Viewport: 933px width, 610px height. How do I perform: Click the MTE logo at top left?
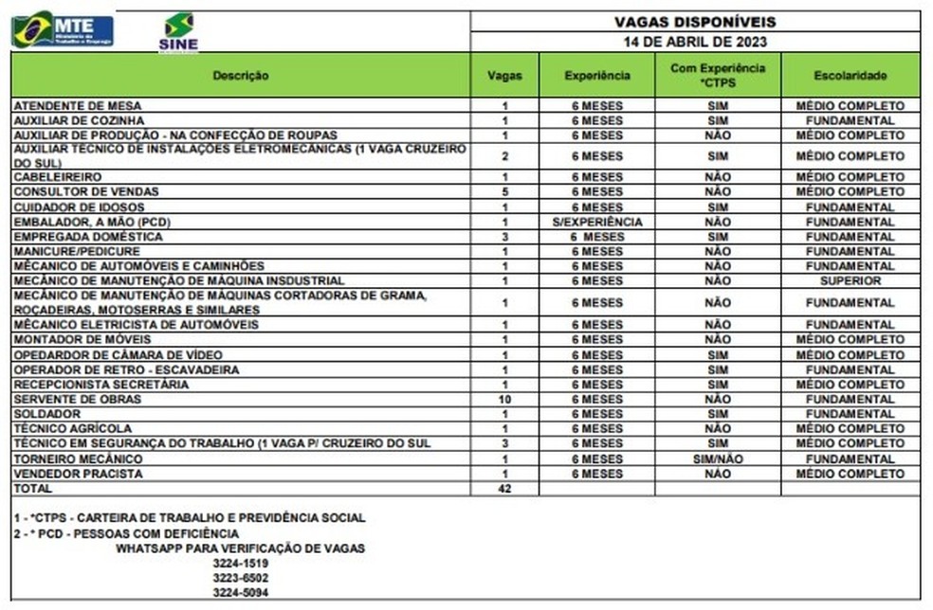click(63, 29)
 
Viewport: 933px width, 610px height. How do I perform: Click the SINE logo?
click(178, 32)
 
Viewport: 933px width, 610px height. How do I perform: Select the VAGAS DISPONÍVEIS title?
click(695, 22)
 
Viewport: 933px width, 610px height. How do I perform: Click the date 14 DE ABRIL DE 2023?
click(695, 43)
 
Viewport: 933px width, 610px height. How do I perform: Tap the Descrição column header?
click(240, 75)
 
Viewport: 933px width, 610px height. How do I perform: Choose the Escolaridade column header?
click(850, 75)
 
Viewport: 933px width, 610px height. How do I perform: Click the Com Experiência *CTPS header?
click(717, 75)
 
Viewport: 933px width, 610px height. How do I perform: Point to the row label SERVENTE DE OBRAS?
click(64, 400)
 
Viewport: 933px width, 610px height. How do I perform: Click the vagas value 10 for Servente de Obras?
click(504, 400)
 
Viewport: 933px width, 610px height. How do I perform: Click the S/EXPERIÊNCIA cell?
click(596, 222)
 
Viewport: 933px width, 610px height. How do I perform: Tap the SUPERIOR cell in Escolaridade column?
click(850, 281)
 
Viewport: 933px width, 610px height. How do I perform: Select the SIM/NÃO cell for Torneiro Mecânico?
click(717, 458)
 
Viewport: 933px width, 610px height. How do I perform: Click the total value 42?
click(504, 489)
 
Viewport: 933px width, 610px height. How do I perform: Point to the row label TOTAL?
click(32, 489)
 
